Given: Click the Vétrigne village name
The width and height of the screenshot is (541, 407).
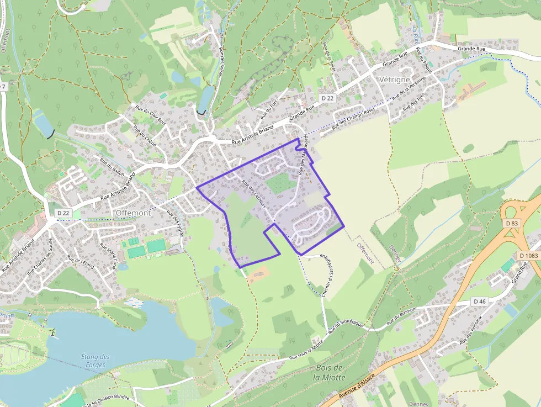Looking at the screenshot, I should [395, 80].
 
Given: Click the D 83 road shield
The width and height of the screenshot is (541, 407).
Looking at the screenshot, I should [510, 223].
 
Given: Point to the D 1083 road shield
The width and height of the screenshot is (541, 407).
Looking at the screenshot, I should [528, 256].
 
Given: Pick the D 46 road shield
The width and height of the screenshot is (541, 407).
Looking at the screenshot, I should [479, 302].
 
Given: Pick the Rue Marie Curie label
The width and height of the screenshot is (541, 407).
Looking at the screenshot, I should [108, 256].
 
